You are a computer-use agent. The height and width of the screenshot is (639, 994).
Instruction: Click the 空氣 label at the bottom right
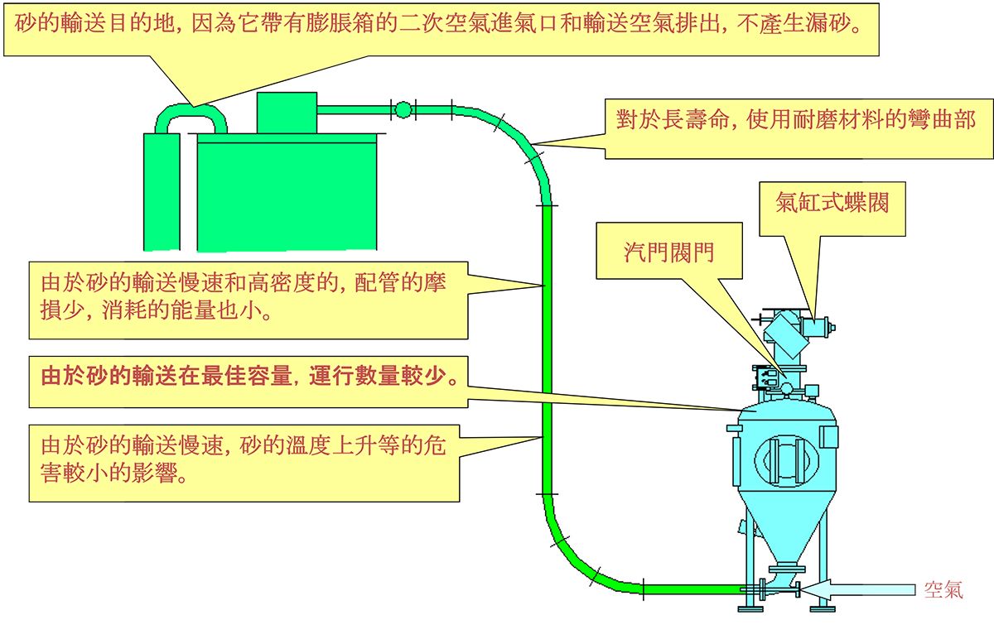coord(943,590)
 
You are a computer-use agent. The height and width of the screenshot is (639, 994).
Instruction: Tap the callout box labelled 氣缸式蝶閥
coord(832,204)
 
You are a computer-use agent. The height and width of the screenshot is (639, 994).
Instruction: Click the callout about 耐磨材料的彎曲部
coord(795,121)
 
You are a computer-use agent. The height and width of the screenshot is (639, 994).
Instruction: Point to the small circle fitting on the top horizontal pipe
coord(403,109)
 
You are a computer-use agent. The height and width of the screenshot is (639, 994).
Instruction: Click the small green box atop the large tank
coord(287,113)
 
